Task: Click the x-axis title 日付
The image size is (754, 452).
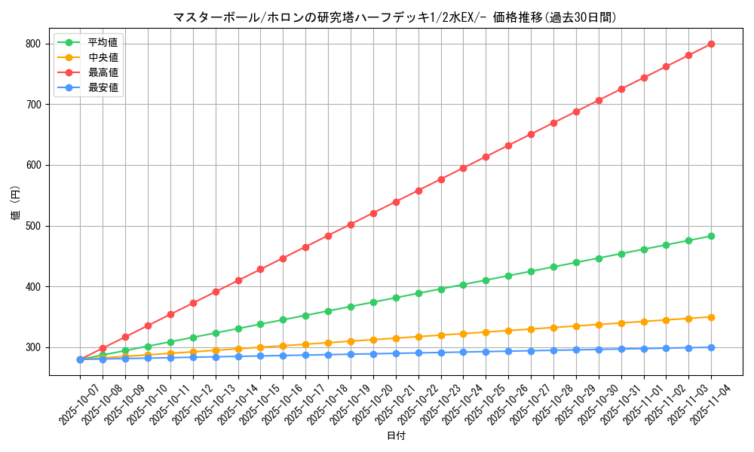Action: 396,436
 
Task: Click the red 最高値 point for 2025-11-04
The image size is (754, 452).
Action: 711,44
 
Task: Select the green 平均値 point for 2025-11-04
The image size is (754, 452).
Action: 711,236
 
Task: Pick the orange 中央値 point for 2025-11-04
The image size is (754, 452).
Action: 711,317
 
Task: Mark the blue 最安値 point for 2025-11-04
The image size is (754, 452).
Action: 711,347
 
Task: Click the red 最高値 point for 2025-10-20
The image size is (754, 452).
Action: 373,213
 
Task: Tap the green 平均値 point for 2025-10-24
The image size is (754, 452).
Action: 463,285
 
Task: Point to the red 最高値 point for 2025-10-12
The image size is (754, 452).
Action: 193,303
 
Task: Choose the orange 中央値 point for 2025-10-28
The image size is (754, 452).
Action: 553,328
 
